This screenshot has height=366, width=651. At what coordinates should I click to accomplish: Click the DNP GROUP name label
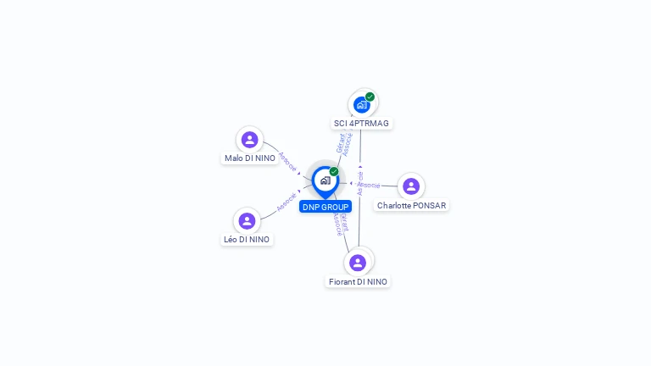click(325, 207)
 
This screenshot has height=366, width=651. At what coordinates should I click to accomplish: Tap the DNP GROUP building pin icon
click(325, 180)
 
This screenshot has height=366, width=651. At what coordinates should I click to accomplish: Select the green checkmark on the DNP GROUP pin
click(334, 171)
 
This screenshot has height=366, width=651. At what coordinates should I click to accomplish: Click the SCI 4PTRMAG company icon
click(362, 104)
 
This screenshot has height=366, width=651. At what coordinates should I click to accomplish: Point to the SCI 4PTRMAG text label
click(361, 124)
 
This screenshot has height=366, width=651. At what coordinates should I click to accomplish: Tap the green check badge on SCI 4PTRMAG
click(370, 97)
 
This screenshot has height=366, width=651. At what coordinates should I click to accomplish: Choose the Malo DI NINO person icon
click(249, 140)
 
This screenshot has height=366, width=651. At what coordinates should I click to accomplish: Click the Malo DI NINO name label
click(250, 158)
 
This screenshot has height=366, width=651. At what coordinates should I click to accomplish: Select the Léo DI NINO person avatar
click(247, 221)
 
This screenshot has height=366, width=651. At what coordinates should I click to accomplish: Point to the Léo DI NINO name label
click(247, 240)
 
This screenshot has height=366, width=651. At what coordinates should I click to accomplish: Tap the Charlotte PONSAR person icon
click(411, 186)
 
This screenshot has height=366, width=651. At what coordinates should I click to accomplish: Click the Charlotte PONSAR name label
click(411, 206)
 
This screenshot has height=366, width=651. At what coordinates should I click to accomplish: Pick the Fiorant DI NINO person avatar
click(358, 263)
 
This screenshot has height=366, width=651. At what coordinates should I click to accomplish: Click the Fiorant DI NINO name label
click(358, 282)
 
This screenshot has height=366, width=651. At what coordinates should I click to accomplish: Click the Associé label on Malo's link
click(288, 162)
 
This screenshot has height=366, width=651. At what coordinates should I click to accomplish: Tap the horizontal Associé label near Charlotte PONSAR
click(369, 185)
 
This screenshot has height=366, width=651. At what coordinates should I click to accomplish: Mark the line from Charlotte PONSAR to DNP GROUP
click(386, 185)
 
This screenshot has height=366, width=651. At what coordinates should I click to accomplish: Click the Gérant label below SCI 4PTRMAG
click(341, 143)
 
